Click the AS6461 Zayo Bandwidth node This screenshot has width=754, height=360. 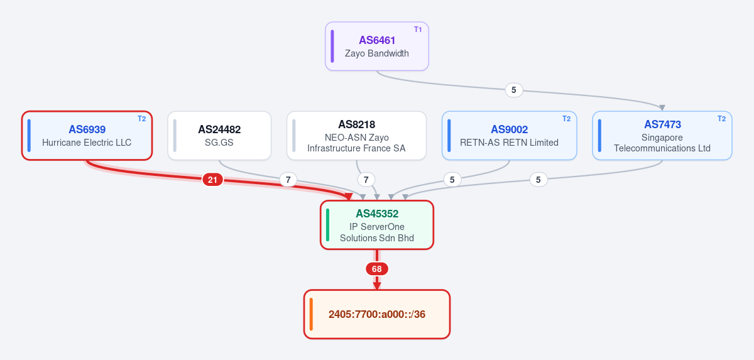tap(376, 46)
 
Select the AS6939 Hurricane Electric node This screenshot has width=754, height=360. tap(87, 136)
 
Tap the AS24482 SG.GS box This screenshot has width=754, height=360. tap(219, 136)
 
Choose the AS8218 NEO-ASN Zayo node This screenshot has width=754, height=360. tap(356, 136)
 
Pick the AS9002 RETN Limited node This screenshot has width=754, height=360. tap(510, 136)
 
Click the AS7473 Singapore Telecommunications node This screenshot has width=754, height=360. tap(662, 136)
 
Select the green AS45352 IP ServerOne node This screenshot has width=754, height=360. tap(376, 225)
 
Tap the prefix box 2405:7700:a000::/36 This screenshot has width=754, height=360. tap(376, 314)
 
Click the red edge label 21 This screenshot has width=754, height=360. tap(212, 180)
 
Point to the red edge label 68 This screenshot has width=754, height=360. tap(376, 269)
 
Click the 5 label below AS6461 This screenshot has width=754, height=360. tap(514, 90)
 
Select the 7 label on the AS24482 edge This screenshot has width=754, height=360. tap(288, 180)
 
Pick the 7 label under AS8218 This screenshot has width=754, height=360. tap(366, 180)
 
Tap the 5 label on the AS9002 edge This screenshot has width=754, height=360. tap(452, 180)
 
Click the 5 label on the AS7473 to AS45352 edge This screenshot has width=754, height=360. tap(538, 180)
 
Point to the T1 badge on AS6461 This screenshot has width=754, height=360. tap(418, 30)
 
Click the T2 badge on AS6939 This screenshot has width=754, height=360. tap(142, 119)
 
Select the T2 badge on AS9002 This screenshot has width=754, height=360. tap(567, 119)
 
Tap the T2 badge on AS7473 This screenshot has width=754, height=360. tap(722, 119)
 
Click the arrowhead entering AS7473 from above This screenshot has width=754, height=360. tap(662, 107)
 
